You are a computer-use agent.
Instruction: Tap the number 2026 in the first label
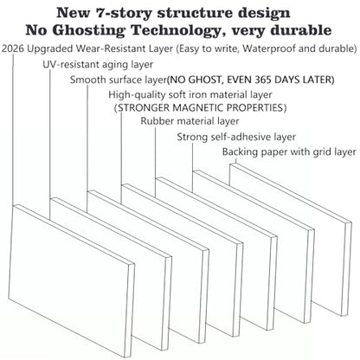pos(13,48)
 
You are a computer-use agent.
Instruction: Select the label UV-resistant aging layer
pos(98,64)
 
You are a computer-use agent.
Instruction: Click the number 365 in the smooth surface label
pos(262,80)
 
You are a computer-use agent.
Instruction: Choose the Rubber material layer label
pos(190,121)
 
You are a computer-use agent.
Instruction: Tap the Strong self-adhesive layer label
pos(236,137)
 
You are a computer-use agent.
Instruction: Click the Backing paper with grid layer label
pos(289,151)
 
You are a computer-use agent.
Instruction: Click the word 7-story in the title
pos(125,13)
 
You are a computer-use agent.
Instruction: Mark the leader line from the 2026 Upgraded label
pos(13,130)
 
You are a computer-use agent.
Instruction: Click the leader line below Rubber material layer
pos(155,162)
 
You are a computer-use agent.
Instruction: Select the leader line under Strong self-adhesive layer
pos(192,167)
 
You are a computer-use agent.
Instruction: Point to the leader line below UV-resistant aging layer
pos(50,145)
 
